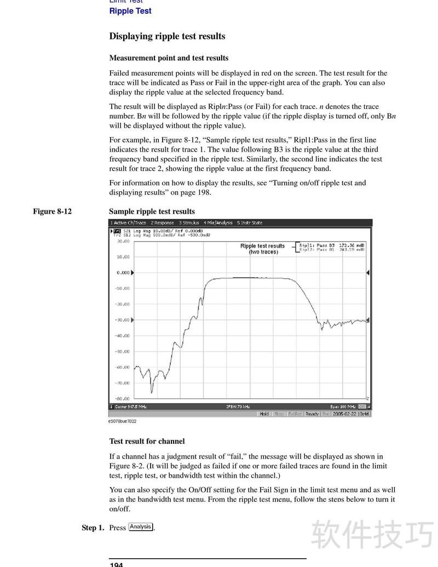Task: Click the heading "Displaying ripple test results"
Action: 167,37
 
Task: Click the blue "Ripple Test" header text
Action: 130,11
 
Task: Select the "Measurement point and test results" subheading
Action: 169,58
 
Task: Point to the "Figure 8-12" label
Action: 52,211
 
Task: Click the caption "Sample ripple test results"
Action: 152,211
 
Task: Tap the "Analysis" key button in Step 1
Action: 141,527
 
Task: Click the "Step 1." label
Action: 93,528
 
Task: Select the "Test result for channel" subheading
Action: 147,441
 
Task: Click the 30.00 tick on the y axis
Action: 123,241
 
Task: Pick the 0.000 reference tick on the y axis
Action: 123,272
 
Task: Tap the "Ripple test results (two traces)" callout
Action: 263,249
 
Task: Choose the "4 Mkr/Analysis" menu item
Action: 218,223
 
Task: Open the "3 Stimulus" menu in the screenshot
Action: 189,223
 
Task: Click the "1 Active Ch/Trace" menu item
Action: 128,223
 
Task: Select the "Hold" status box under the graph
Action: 264,414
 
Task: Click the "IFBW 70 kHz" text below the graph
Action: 238,406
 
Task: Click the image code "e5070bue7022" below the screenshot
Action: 122,421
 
